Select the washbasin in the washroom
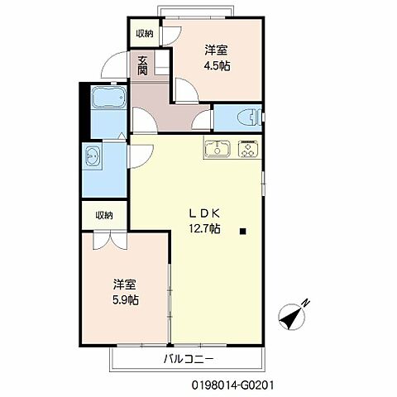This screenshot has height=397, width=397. pyautogui.click(x=93, y=155)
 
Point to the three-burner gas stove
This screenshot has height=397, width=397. pyautogui.click(x=247, y=150)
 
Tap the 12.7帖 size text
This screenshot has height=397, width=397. pyautogui.click(x=203, y=228)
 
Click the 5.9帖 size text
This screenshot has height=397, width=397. pyautogui.click(x=126, y=299)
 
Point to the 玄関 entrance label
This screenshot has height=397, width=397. pyautogui.click(x=144, y=65)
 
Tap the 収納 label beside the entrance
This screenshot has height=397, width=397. pyautogui.click(x=145, y=33)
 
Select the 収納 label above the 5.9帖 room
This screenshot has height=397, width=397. pyautogui.click(x=104, y=215)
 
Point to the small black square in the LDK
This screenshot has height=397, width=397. pyautogui.click(x=243, y=231)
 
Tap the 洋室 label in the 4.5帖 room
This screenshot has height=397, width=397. pyautogui.click(x=218, y=49)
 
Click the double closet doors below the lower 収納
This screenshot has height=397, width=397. pyautogui.click(x=104, y=241)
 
